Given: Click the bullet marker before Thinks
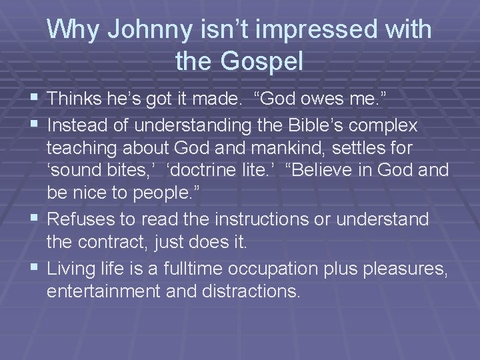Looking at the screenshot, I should pyautogui.click(x=35, y=100).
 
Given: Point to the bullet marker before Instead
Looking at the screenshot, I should pyautogui.click(x=35, y=125).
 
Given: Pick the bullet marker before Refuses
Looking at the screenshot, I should pyautogui.click(x=35, y=218).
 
